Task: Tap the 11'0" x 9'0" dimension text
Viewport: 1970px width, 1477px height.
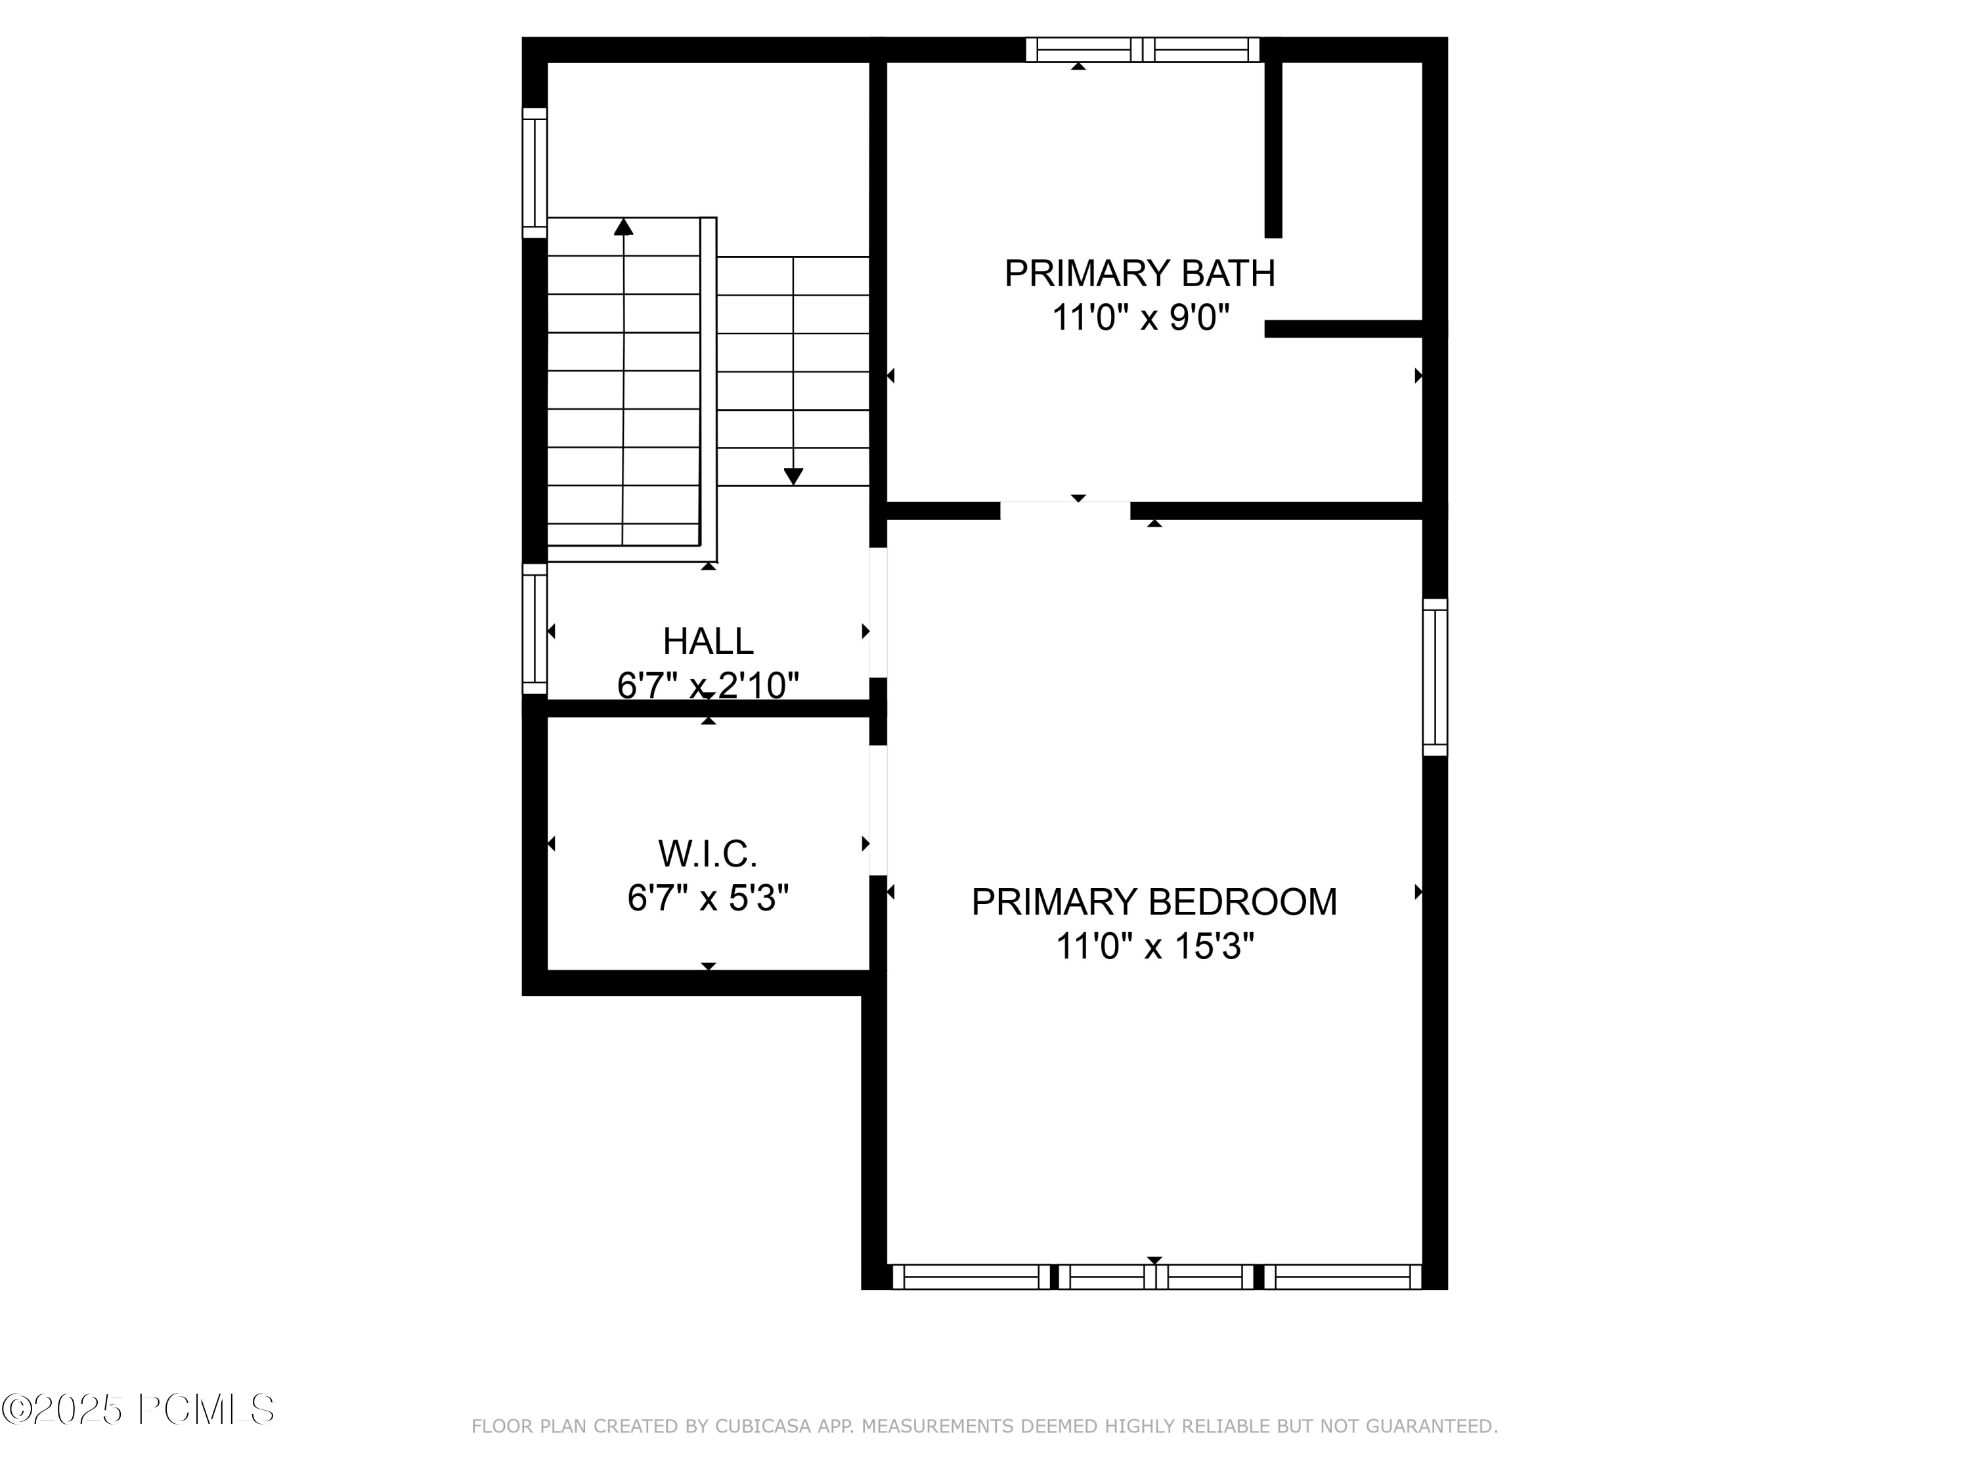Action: [x=1140, y=318]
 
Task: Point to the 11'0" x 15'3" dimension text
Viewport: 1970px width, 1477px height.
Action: [x=1154, y=947]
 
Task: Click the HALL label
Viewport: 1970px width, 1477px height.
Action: [x=708, y=641]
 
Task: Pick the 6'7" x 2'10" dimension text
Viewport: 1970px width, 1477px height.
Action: [x=708, y=685]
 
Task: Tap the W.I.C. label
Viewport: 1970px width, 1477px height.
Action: [x=708, y=854]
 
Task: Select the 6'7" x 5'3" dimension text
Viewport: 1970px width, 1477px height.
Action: [x=708, y=898]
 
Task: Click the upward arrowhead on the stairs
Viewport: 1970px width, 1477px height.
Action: [x=623, y=227]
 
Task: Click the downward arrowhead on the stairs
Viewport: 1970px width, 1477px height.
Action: [x=793, y=477]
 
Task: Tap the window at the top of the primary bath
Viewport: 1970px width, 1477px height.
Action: [x=1143, y=50]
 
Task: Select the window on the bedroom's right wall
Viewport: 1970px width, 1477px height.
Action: [x=1435, y=677]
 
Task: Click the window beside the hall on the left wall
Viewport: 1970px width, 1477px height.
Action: [x=535, y=629]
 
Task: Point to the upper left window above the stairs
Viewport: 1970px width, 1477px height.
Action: [x=535, y=173]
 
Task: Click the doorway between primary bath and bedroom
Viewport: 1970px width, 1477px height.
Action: [x=1065, y=510]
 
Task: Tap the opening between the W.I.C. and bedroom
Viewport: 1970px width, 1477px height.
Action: [x=878, y=809]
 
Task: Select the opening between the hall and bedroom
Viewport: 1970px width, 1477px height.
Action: [x=878, y=612]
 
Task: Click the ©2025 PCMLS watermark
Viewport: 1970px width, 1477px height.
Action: [x=138, y=1409]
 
